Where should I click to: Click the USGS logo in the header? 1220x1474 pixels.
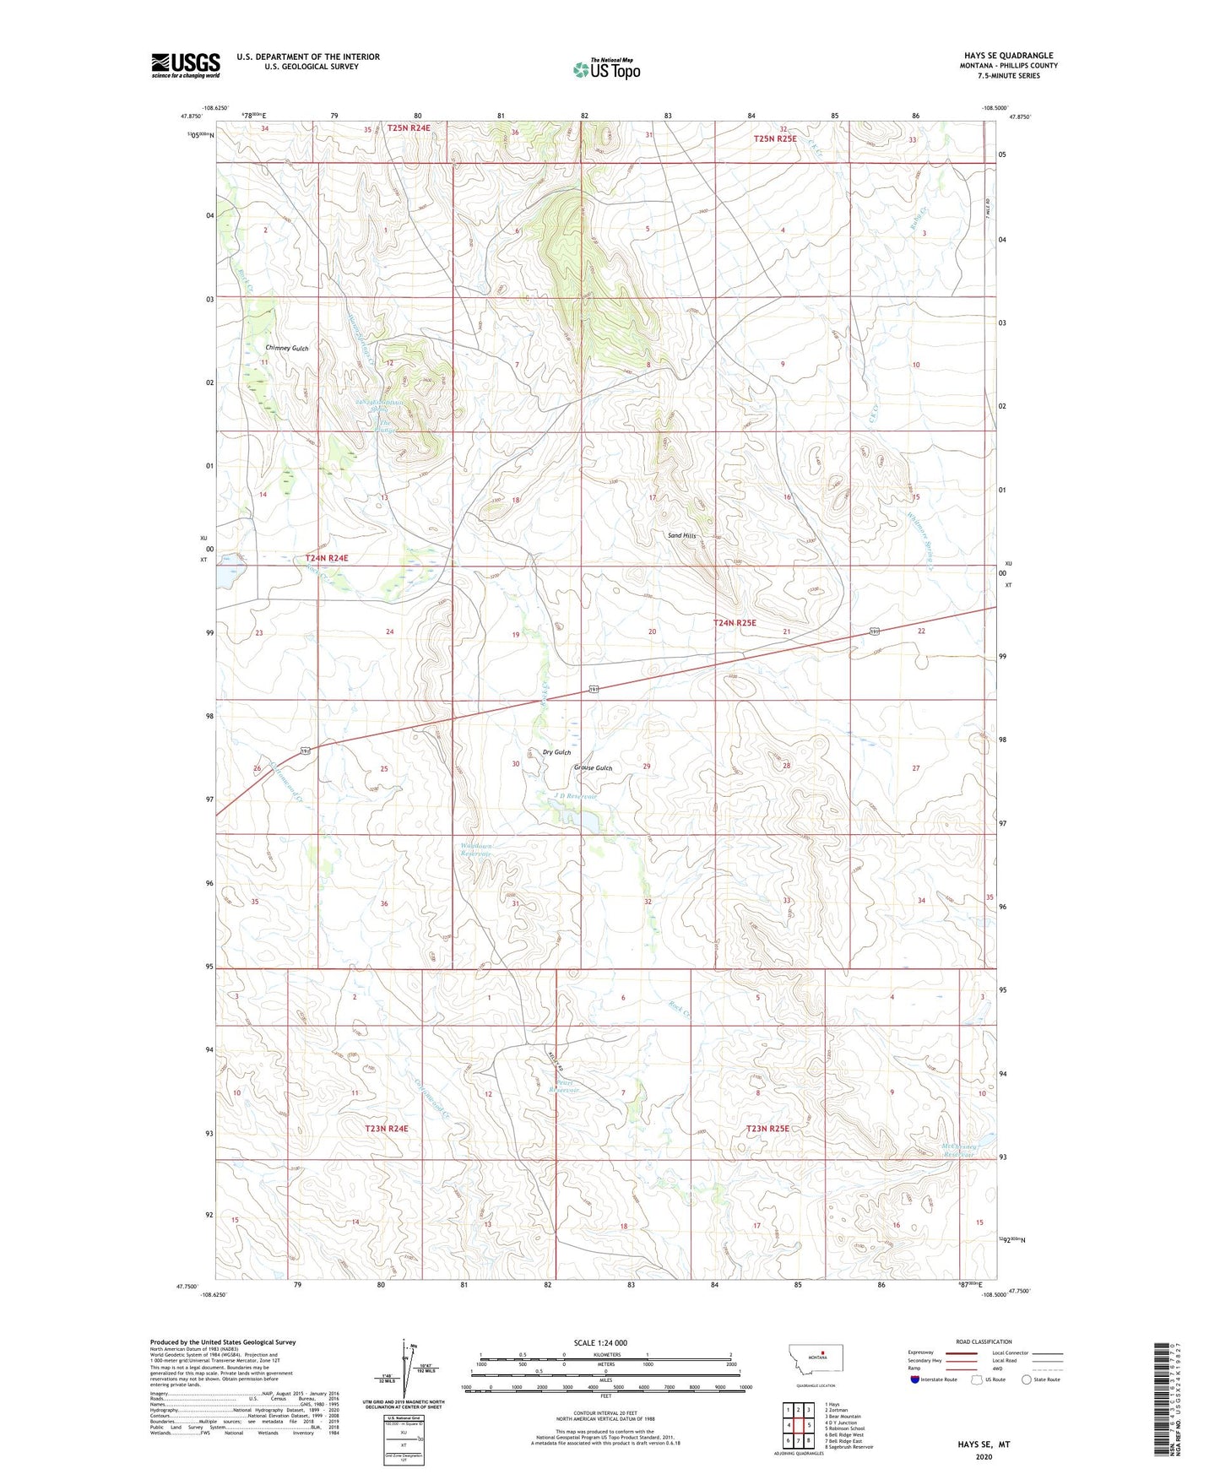coord(186,65)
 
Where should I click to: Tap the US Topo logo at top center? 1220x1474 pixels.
coord(606,69)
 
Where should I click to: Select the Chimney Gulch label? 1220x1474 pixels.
coord(287,348)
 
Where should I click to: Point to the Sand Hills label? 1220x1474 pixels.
coord(681,535)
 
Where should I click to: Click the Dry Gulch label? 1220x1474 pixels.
coord(556,752)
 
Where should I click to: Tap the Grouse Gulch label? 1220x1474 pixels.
coord(593,768)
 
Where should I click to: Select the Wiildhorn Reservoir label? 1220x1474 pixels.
coord(475,850)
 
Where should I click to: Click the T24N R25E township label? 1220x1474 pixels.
coord(735,622)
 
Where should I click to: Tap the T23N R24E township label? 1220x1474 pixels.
coord(386,1129)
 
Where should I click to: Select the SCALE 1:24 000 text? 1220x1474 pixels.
coord(600,1342)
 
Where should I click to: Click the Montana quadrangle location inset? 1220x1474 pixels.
coord(815,1363)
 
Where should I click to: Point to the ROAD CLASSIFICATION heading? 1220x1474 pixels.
coord(984,1341)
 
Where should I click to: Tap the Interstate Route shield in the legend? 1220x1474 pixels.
coord(916,1379)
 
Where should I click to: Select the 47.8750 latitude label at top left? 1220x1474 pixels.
coord(192,117)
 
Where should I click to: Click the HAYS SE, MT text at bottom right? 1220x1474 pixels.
coord(984,1444)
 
